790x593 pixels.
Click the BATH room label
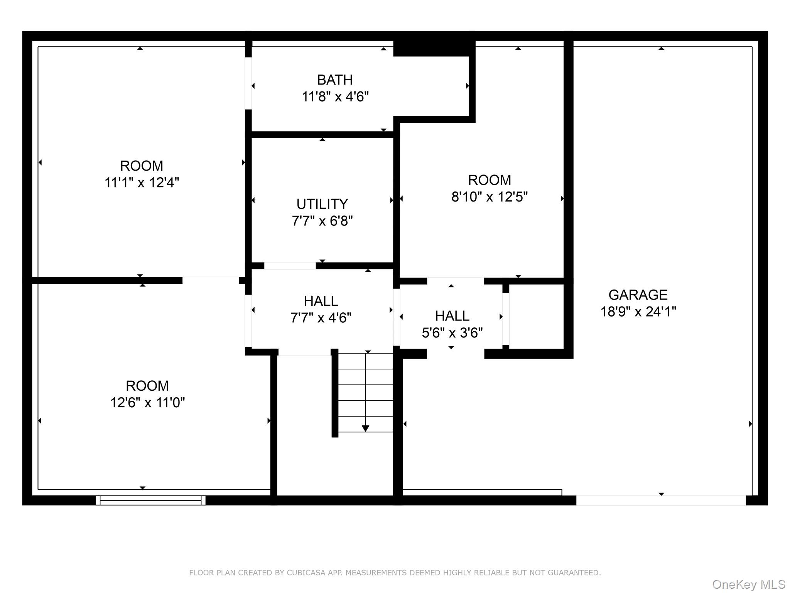[x=335, y=80]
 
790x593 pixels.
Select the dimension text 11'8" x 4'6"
[x=335, y=97]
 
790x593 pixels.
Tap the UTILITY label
[x=322, y=204]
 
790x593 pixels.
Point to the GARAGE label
[x=638, y=295]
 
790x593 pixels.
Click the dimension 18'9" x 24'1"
[x=638, y=312]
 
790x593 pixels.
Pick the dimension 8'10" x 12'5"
[x=489, y=197]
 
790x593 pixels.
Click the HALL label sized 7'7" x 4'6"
[x=321, y=301]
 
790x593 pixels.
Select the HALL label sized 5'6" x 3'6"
[x=452, y=316]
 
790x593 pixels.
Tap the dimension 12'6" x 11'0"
[x=147, y=403]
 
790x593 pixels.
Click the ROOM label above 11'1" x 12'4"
[x=142, y=166]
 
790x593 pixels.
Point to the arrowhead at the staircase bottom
[x=365, y=428]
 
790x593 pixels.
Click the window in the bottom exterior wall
[x=150, y=500]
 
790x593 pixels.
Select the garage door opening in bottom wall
[x=661, y=500]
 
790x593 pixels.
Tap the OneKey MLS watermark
[x=748, y=585]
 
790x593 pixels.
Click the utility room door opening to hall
[x=290, y=266]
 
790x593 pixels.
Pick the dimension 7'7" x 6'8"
[x=322, y=221]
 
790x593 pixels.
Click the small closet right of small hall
[x=536, y=317]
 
